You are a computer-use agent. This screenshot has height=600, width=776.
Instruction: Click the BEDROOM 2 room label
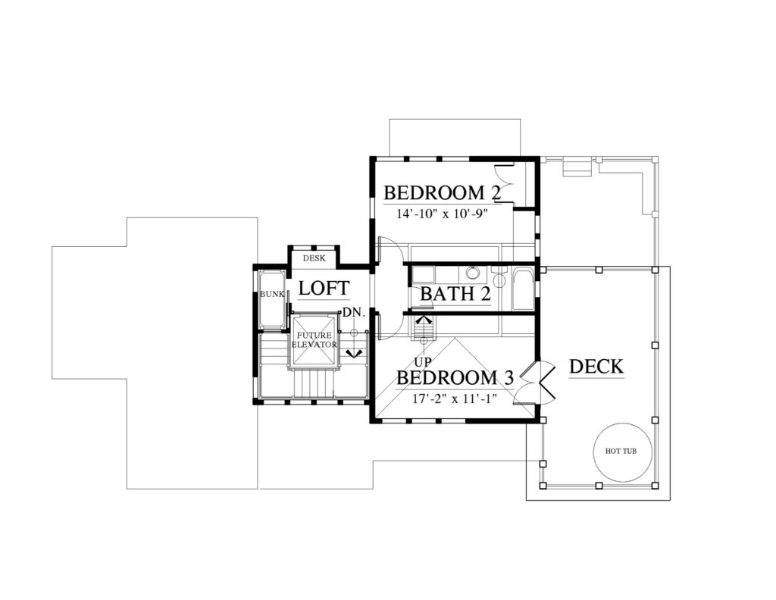(x=443, y=192)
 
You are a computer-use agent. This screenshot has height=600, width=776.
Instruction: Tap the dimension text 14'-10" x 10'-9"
(x=442, y=214)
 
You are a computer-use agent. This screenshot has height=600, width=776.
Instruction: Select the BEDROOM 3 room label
(x=455, y=377)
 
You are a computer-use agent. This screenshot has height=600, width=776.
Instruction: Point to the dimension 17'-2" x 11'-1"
(x=455, y=398)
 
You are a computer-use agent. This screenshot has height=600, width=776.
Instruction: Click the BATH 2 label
(x=455, y=294)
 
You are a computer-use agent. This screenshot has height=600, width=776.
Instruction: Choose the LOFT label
(x=324, y=288)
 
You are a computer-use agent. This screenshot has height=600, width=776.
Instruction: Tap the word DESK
(x=314, y=258)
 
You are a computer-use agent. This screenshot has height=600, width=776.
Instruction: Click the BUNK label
(x=272, y=294)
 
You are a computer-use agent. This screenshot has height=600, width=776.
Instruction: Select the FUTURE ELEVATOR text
(x=314, y=340)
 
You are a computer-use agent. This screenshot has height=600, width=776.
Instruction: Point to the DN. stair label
(x=354, y=313)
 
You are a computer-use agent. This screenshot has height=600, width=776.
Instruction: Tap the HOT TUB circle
(x=621, y=451)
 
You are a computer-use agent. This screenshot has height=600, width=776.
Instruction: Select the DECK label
(x=596, y=367)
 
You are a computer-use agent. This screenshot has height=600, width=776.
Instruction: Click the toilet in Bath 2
(x=499, y=277)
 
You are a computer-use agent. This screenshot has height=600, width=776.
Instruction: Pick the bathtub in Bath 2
(x=523, y=289)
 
